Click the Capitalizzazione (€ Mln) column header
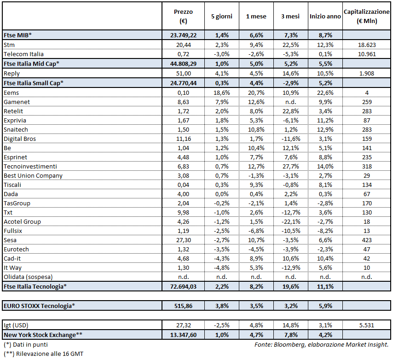pos(367,16)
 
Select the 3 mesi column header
pos(290,16)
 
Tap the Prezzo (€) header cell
pos(184,16)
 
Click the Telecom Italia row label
pos(23,54)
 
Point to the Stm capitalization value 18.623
pos(367,45)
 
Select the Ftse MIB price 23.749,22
pos(184,35)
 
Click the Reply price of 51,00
pos(184,74)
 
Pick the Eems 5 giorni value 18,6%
pos(221,93)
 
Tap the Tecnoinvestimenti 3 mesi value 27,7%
pos(290,166)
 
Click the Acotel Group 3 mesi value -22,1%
pos(290,221)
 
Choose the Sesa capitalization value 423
pos(367,240)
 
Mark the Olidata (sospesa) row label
pos(28,277)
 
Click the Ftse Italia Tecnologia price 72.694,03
pos(184,286)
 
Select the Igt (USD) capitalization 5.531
pos(367,325)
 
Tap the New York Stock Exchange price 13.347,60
pos(184,335)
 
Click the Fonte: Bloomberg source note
pos(321,345)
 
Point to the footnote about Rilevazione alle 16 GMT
pos(43,354)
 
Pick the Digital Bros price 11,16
pos(184,139)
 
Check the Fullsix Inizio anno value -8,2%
pos(325,231)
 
